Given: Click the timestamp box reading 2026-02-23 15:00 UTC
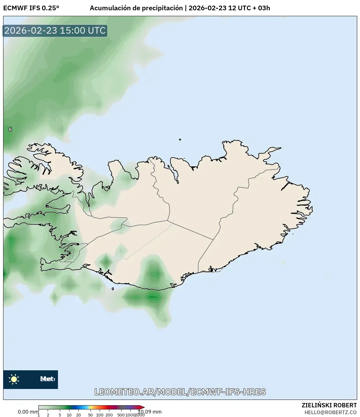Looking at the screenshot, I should pos(55,31).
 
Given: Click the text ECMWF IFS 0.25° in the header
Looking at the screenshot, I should pos(31,8).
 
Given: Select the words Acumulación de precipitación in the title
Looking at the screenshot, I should pos(136,8).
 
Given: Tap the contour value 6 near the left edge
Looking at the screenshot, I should pos(10,129).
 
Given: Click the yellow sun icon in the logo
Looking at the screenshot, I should pos(14,379).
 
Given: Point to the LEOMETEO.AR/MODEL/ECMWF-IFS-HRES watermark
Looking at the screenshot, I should pos(180,392).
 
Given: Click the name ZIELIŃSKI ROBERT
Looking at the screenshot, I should pos(329,405).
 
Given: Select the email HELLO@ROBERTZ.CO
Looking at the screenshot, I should pos(330,412).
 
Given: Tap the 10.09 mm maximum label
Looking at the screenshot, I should pos(150,412).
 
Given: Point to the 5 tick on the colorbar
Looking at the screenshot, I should pos(60,415).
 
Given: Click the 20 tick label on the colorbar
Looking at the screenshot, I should pos(79,415).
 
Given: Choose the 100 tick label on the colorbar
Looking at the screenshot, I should pos(100,415).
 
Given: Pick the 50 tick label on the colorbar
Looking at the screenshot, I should pos(90,415).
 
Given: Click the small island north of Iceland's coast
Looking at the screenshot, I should pos(180,140).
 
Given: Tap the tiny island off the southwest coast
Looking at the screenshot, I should pos(113,289).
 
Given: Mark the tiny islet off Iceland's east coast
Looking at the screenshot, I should pos(293,234).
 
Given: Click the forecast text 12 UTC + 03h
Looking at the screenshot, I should pos(249,8).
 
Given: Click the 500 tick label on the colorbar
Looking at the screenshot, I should pos(121,415).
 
